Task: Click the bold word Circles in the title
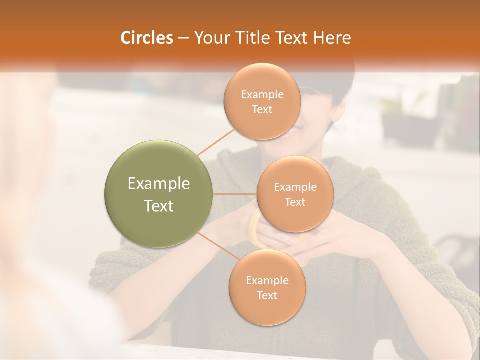point(146,38)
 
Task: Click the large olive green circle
point(159,194)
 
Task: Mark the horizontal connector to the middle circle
point(235,194)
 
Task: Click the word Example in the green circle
point(159,184)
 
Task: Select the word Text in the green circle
point(159,206)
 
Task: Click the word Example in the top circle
point(262,95)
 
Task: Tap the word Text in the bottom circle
point(267,295)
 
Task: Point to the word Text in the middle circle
point(295,202)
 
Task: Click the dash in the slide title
point(183,38)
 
